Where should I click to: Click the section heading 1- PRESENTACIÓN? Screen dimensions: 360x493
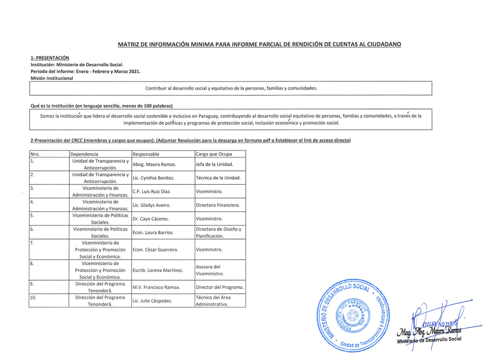(50, 58)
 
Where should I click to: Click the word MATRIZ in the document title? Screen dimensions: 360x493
(129, 44)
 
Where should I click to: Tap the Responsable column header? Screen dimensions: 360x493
(146, 154)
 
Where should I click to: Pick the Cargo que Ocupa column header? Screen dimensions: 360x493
(213, 154)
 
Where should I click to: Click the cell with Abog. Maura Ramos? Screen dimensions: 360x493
(154, 164)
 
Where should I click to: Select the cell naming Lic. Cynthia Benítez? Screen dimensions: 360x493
(154, 178)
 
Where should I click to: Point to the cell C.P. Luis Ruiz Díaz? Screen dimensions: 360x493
(152, 192)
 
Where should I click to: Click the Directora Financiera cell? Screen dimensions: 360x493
(217, 205)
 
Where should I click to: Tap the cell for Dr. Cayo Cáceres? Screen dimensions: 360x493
(151, 219)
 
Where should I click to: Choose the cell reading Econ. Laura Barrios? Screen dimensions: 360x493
(153, 232)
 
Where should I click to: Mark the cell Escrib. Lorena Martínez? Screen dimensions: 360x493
(158, 271)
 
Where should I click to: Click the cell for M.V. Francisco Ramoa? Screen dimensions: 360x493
(157, 287)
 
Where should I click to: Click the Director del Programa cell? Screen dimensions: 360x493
(220, 287)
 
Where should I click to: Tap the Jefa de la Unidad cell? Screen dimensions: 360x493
(214, 164)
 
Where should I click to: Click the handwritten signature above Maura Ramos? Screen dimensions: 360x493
(436, 320)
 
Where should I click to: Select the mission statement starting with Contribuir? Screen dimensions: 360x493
(231, 89)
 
